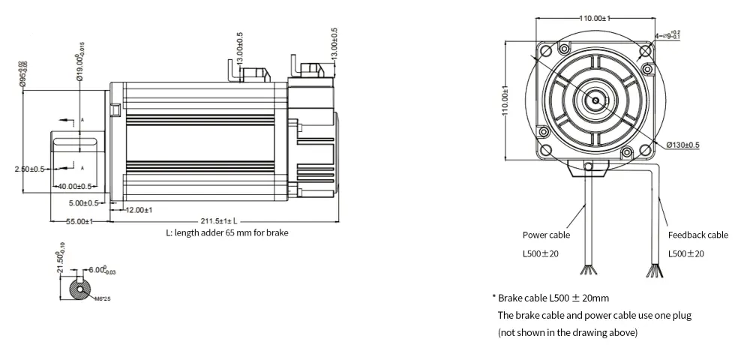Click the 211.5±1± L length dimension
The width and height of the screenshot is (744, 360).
[218, 221]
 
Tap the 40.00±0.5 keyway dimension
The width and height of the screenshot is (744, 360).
[75, 186]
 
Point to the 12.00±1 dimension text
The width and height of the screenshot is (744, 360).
[139, 210]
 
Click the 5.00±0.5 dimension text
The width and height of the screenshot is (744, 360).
[82, 202]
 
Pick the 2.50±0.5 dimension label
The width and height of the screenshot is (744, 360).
[31, 169]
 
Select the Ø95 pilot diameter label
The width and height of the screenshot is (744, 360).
[23, 74]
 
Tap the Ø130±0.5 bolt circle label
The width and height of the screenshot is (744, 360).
[682, 145]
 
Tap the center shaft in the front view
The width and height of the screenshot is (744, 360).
[595, 98]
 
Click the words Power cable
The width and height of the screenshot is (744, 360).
[545, 235]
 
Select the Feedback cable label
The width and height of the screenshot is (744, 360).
[697, 235]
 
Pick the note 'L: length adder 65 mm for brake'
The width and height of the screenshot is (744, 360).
[226, 232]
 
